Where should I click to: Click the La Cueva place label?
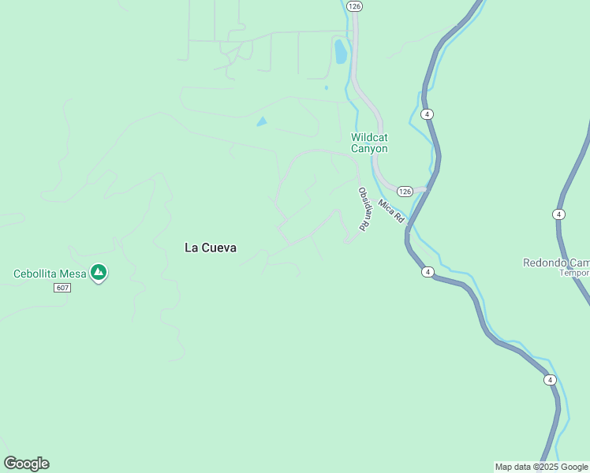[x=210, y=248]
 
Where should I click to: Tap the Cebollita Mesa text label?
[x=49, y=274]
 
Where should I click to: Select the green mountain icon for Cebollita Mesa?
[x=99, y=273]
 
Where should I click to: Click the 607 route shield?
[x=63, y=288]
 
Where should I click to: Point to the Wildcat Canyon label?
[x=369, y=143]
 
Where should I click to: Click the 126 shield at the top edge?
[x=354, y=6]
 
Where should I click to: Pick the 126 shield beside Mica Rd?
[x=405, y=192]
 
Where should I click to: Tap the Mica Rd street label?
[x=390, y=210]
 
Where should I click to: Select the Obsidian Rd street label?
[x=364, y=209]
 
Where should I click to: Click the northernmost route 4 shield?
[x=427, y=114]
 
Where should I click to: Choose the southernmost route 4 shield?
[x=550, y=380]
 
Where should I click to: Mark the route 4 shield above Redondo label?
[x=558, y=214]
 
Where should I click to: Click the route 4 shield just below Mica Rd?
[x=427, y=272]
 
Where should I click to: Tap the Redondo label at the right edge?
[x=556, y=263]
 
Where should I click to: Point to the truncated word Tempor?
[x=574, y=273]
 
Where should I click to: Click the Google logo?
[x=26, y=464]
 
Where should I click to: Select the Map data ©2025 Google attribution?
[x=541, y=467]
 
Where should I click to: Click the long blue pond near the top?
[x=340, y=51]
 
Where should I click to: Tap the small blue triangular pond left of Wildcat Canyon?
[x=261, y=121]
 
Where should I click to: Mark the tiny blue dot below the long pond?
[x=326, y=88]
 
